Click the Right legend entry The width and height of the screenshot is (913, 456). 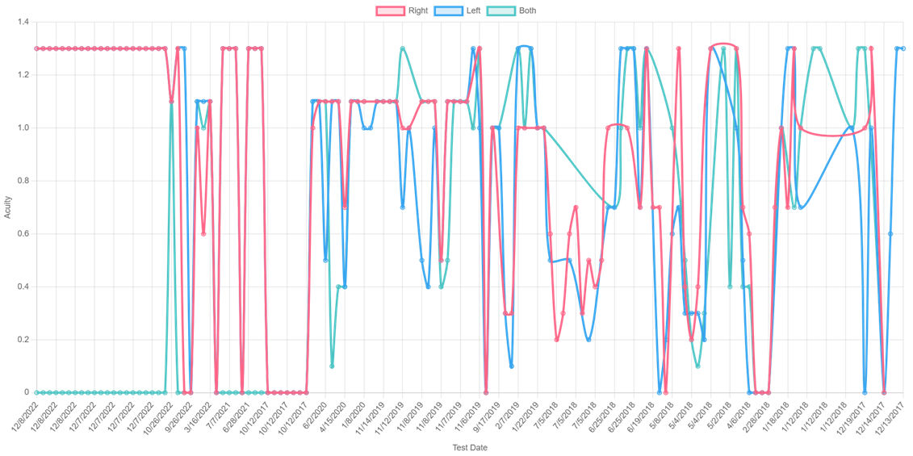402,11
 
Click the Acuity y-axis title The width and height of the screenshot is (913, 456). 7,207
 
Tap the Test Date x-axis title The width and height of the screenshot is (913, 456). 469,447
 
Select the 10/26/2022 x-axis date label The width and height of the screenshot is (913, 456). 157,416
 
